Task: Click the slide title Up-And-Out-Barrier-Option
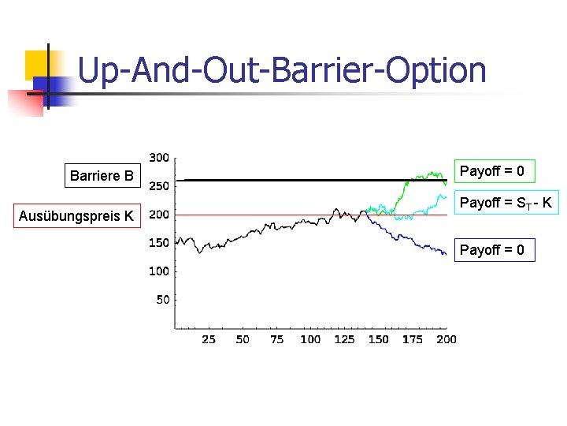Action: [282, 70]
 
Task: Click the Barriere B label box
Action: [102, 175]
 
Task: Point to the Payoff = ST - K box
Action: [506, 204]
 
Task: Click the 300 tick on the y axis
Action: [159, 158]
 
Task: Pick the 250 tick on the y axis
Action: [159, 186]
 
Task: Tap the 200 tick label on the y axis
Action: [159, 215]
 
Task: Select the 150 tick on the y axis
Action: [159, 243]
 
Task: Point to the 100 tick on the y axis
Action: [159, 271]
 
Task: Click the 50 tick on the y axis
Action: [162, 299]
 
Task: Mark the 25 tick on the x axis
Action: [209, 339]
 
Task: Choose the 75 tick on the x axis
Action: [276, 339]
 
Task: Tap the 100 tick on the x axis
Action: [310, 339]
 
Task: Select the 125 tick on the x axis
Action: [344, 339]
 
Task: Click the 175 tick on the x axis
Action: [412, 339]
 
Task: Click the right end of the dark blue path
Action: [446, 254]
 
